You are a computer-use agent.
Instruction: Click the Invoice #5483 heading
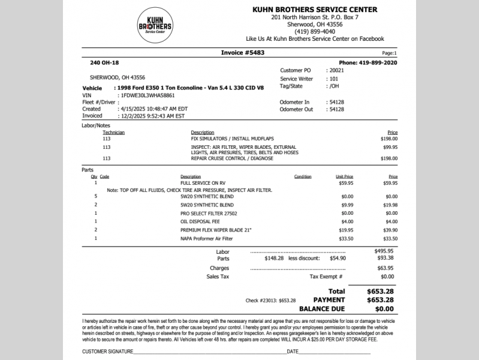[x=243, y=53]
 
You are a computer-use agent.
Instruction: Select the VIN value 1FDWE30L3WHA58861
[x=148, y=95]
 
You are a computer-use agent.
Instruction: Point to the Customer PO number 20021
[x=336, y=70]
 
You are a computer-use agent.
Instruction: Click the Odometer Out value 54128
[x=336, y=110]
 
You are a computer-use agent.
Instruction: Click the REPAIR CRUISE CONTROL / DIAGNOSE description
[x=232, y=158]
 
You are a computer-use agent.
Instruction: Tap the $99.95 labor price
[x=390, y=147]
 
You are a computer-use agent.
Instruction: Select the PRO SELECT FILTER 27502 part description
[x=209, y=213]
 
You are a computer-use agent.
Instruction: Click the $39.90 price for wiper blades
[x=391, y=230]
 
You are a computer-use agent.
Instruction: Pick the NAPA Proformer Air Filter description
[x=206, y=238]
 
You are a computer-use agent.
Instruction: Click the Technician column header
[x=114, y=133]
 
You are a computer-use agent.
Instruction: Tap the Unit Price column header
[x=344, y=177]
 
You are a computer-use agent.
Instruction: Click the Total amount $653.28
[x=380, y=291]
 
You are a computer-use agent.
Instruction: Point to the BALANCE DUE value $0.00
[x=380, y=309]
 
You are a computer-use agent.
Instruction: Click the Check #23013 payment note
[x=271, y=300]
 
